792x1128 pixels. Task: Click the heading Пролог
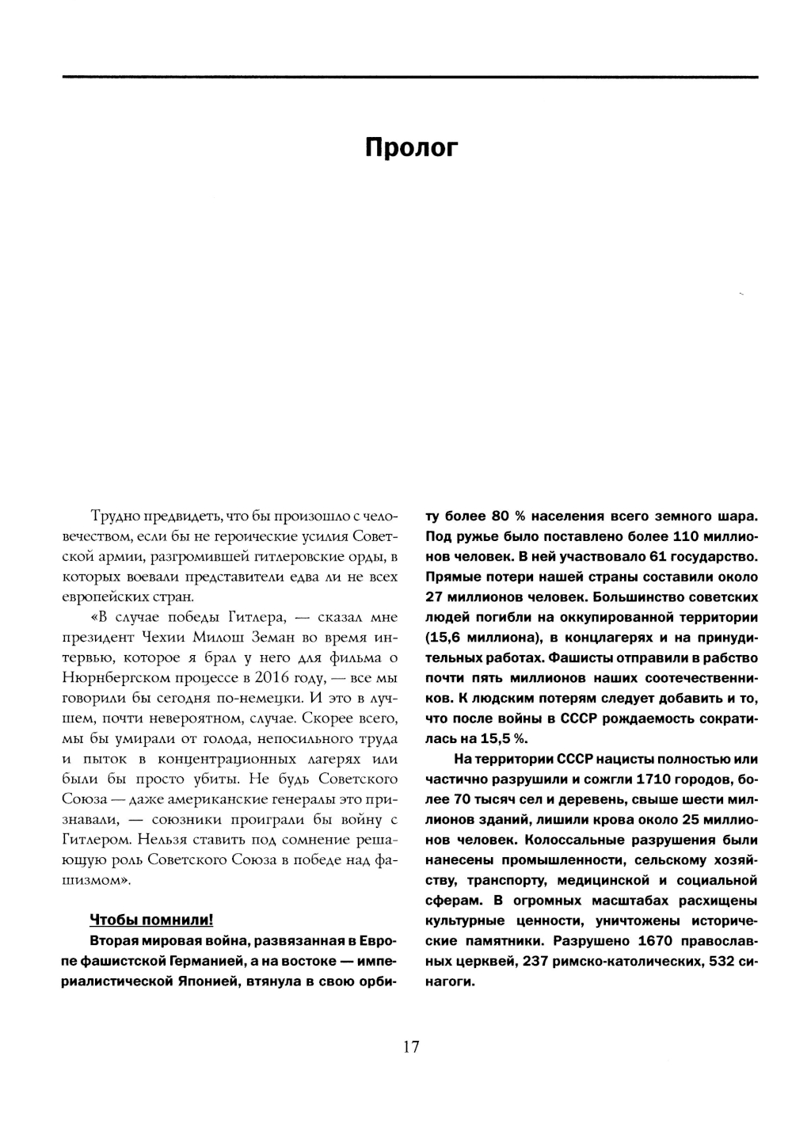(411, 148)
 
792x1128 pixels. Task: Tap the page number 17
(410, 1046)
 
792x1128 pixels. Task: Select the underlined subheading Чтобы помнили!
(151, 920)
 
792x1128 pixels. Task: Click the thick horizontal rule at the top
(410, 77)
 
